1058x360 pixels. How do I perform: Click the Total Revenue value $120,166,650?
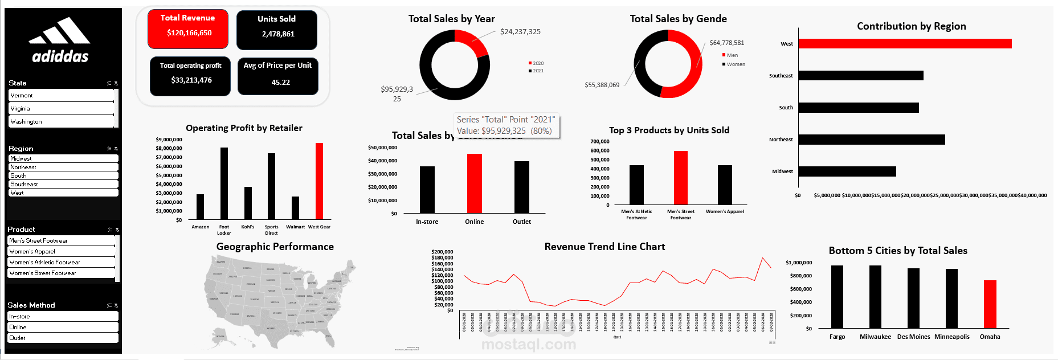tap(189, 33)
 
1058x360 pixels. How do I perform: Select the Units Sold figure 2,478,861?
tap(278, 34)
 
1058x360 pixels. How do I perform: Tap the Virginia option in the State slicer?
tap(61, 108)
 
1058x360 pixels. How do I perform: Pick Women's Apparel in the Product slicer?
tap(61, 251)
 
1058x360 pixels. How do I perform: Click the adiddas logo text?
tap(60, 56)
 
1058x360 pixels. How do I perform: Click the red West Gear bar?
tap(319, 181)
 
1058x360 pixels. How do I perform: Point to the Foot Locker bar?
tap(224, 183)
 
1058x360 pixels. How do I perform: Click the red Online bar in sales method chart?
tap(474, 183)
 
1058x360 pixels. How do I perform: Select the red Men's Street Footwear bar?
tap(680, 178)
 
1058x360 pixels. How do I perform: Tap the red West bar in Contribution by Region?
tap(904, 44)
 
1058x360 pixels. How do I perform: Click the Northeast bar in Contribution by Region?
tap(871, 140)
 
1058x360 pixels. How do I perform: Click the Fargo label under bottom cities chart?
tap(837, 337)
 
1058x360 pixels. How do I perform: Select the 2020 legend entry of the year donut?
tap(537, 63)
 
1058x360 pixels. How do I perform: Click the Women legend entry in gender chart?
tap(735, 64)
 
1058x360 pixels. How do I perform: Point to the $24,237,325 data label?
tap(520, 32)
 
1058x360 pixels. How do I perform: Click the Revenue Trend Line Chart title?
tap(604, 247)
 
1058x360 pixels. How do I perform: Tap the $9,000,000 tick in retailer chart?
tap(169, 140)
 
